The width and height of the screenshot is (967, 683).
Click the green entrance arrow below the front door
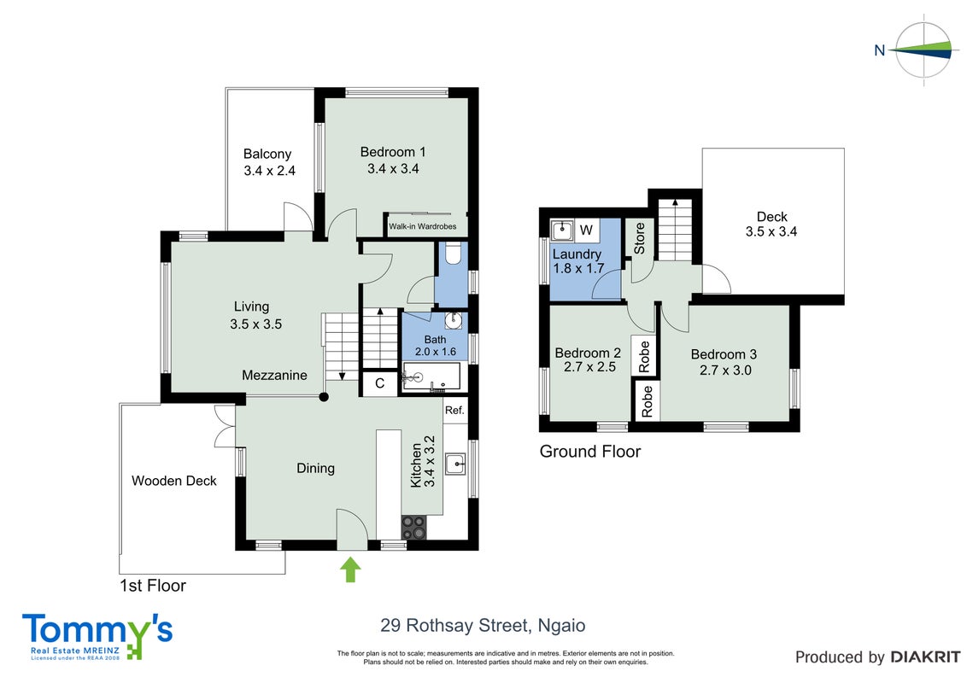(351, 569)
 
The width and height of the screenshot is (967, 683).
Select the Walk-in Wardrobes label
(423, 226)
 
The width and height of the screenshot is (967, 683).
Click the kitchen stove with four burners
(413, 528)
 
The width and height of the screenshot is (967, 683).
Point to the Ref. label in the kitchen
(454, 410)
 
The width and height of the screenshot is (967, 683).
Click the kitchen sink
(455, 464)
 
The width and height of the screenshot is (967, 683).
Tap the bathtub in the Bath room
(431, 377)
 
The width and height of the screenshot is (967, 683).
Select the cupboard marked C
(380, 383)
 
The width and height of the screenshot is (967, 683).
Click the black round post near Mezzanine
(324, 397)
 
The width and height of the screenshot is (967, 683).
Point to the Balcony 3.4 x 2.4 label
(269, 162)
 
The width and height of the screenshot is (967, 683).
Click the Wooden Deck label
(174, 481)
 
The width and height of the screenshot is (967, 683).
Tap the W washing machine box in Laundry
(587, 230)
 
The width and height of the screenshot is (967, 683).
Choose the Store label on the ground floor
(640, 238)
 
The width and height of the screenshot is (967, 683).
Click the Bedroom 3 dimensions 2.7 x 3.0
(725, 371)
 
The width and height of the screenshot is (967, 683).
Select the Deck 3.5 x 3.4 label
(771, 225)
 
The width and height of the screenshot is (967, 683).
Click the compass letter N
(880, 50)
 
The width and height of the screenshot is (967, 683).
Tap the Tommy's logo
(97, 636)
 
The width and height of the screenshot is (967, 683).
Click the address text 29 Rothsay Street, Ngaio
(483, 626)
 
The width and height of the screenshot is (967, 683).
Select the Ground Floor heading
(590, 452)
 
